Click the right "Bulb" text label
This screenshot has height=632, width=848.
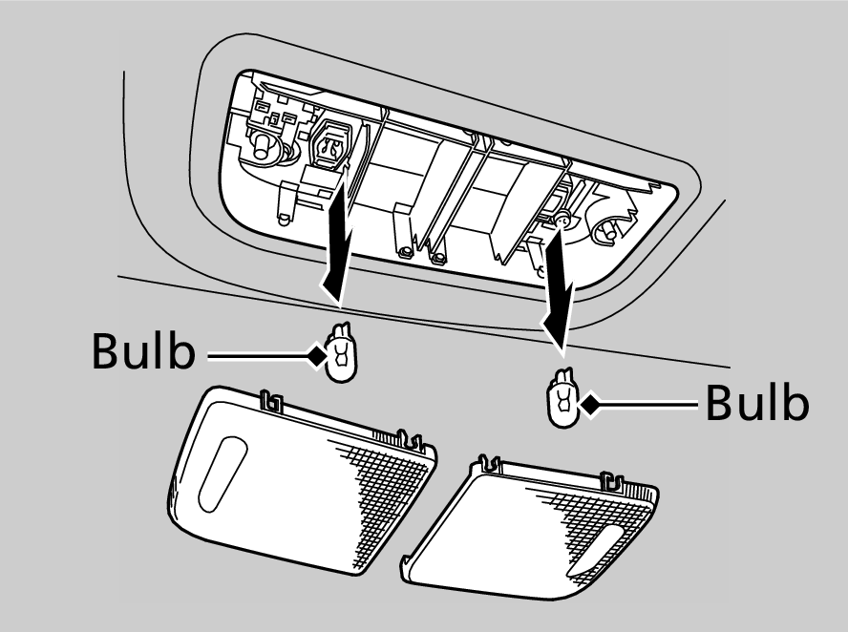tap(757, 405)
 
